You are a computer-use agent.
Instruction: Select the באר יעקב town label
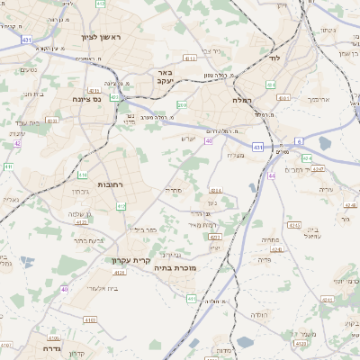164,77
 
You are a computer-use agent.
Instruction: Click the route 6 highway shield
299,141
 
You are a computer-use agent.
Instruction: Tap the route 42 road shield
17,143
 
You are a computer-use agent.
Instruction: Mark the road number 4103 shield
90,319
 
